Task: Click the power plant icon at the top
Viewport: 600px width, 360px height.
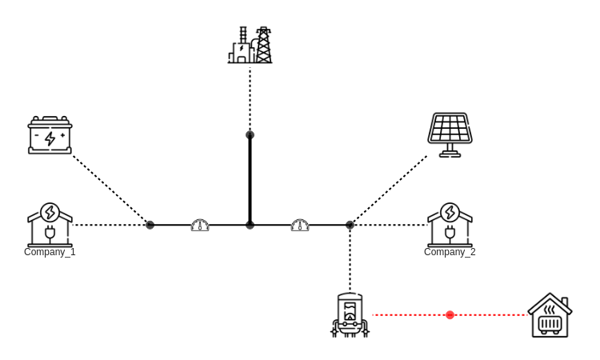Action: tap(250, 46)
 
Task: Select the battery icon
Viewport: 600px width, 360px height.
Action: tap(50, 135)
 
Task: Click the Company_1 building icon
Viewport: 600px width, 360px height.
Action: tap(50, 225)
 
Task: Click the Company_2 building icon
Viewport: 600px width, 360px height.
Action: tap(450, 225)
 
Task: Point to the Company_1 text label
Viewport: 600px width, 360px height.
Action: tap(50, 252)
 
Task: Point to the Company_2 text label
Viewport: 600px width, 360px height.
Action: tap(450, 252)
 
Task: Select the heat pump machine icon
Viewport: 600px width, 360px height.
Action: tap(350, 315)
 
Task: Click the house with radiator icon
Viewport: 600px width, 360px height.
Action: tap(550, 315)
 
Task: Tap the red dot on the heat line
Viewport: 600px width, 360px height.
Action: tap(450, 315)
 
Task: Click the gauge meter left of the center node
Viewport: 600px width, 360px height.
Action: tap(200, 226)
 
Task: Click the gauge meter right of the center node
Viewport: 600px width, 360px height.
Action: tap(300, 226)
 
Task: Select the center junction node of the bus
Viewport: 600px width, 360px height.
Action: tap(250, 225)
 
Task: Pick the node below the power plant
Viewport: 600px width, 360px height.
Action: tap(250, 135)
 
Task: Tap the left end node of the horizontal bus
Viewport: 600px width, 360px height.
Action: tap(150, 225)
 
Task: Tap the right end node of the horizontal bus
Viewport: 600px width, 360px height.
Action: tap(350, 225)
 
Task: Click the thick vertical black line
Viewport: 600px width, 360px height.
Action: tap(250, 180)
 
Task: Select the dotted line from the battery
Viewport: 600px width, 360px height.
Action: tap(110, 190)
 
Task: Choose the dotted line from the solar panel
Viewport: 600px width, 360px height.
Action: tap(389, 190)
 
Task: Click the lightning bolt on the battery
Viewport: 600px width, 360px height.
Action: tap(50, 138)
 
